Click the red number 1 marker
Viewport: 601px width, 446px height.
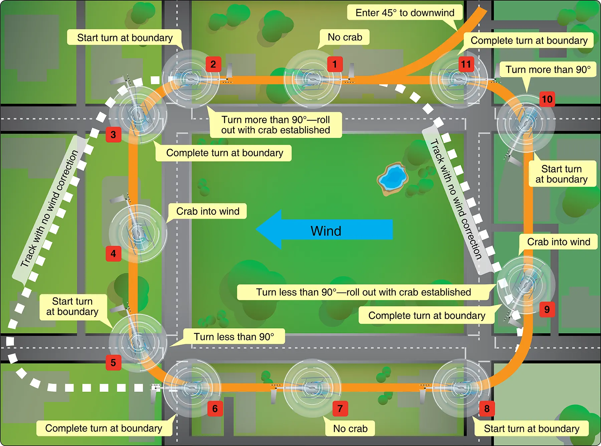(335, 64)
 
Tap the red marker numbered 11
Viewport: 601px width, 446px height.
(466, 64)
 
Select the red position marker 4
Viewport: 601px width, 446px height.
(114, 254)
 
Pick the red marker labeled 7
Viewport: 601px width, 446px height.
(340, 408)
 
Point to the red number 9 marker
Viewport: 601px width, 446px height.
(547, 309)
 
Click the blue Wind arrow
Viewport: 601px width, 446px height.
(324, 229)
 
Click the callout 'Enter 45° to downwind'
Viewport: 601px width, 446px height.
(405, 13)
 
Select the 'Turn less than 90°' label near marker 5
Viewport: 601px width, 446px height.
(234, 336)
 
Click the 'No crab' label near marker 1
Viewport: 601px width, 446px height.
(345, 37)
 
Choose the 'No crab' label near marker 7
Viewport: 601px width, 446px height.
(350, 428)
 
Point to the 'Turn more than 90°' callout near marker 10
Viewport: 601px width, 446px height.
(548, 70)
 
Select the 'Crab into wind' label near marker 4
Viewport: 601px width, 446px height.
(208, 211)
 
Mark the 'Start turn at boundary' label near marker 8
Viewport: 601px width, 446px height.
(532, 428)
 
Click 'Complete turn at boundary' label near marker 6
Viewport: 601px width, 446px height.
(104, 428)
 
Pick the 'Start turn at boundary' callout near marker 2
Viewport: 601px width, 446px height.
(125, 37)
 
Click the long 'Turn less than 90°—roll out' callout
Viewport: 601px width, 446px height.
(364, 292)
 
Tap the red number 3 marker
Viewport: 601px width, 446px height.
(114, 134)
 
